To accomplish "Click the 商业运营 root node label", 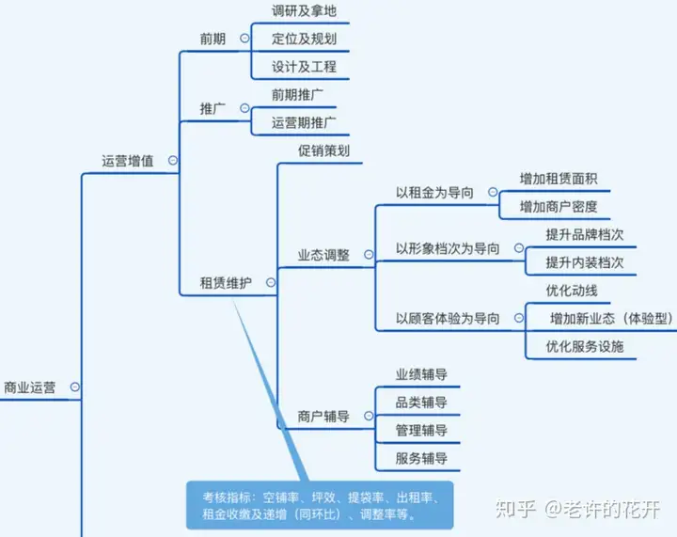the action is click(x=29, y=387).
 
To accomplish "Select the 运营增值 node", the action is click(x=128, y=161).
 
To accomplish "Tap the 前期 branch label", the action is click(x=213, y=39).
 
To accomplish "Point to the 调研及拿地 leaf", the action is click(x=304, y=11).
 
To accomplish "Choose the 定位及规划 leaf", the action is click(x=304, y=39).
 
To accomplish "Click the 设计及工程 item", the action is click(x=304, y=67).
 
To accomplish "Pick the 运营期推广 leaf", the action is click(x=304, y=122).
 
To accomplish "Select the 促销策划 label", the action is click(x=324, y=150).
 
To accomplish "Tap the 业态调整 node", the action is click(x=323, y=255).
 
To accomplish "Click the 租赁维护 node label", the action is click(x=226, y=282).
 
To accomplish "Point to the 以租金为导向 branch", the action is click(x=434, y=193).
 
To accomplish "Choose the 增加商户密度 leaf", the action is click(x=559, y=206).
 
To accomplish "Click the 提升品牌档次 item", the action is click(x=584, y=234).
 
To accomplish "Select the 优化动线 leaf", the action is click(x=572, y=290).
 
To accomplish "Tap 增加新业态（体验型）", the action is click(x=611, y=318).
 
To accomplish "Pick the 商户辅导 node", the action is click(x=323, y=416).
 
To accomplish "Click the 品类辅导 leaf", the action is click(x=421, y=403).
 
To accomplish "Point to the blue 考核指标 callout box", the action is click(x=319, y=505).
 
